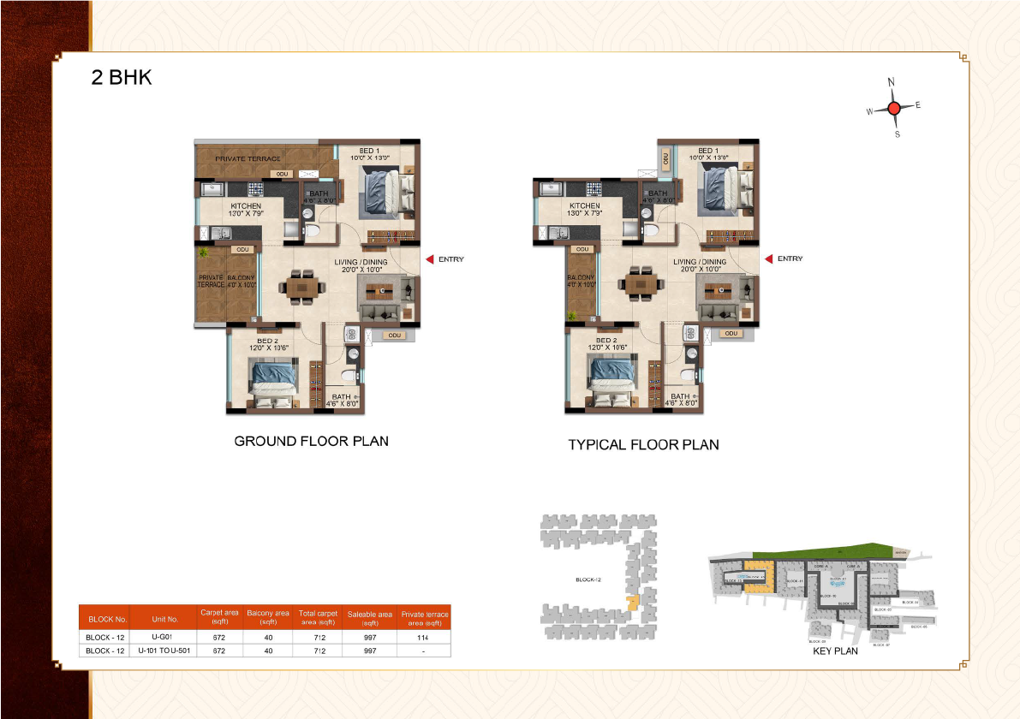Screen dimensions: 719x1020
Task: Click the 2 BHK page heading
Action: pyautogui.click(x=122, y=78)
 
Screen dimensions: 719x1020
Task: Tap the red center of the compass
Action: pyautogui.click(x=894, y=108)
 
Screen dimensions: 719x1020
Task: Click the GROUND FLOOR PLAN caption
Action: pyautogui.click(x=312, y=442)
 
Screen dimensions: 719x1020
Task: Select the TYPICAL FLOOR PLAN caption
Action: pyautogui.click(x=643, y=445)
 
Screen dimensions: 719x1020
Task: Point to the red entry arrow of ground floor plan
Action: pyautogui.click(x=430, y=259)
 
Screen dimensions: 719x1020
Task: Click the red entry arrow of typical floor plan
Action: pyautogui.click(x=768, y=258)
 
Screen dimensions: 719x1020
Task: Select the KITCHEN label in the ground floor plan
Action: pyautogui.click(x=246, y=206)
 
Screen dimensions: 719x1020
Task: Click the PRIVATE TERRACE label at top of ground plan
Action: pyautogui.click(x=248, y=159)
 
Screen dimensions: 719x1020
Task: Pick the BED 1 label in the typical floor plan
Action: pyautogui.click(x=707, y=151)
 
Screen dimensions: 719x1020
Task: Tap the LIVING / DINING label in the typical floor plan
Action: pyautogui.click(x=700, y=263)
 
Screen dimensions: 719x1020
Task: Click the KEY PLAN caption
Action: pyautogui.click(x=834, y=651)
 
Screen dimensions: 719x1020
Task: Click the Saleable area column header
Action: pyautogui.click(x=369, y=618)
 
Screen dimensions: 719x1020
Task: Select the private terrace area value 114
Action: pyautogui.click(x=424, y=638)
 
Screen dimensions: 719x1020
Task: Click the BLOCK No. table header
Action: pyautogui.click(x=107, y=619)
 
